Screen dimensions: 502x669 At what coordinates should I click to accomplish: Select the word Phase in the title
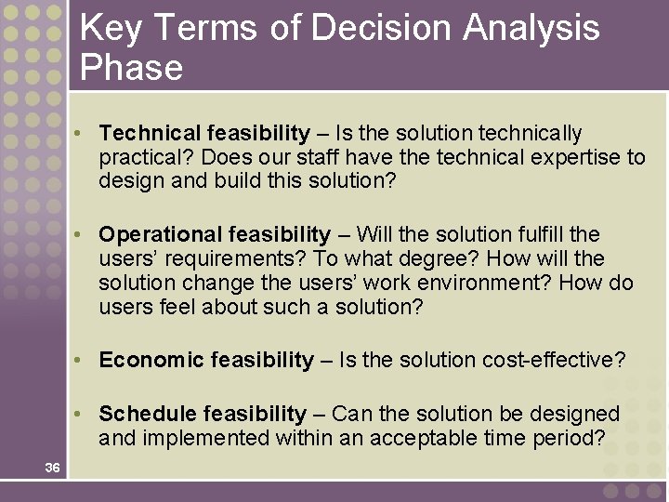pos(131,68)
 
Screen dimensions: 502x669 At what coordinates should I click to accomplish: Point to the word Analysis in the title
pos(532,29)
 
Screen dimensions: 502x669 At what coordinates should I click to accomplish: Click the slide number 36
pos(52,468)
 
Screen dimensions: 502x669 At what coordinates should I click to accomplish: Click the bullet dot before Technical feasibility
pos(85,134)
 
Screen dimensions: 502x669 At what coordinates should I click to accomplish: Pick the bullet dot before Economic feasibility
pos(85,360)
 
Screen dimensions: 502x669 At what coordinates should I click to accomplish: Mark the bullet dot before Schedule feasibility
pos(85,414)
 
